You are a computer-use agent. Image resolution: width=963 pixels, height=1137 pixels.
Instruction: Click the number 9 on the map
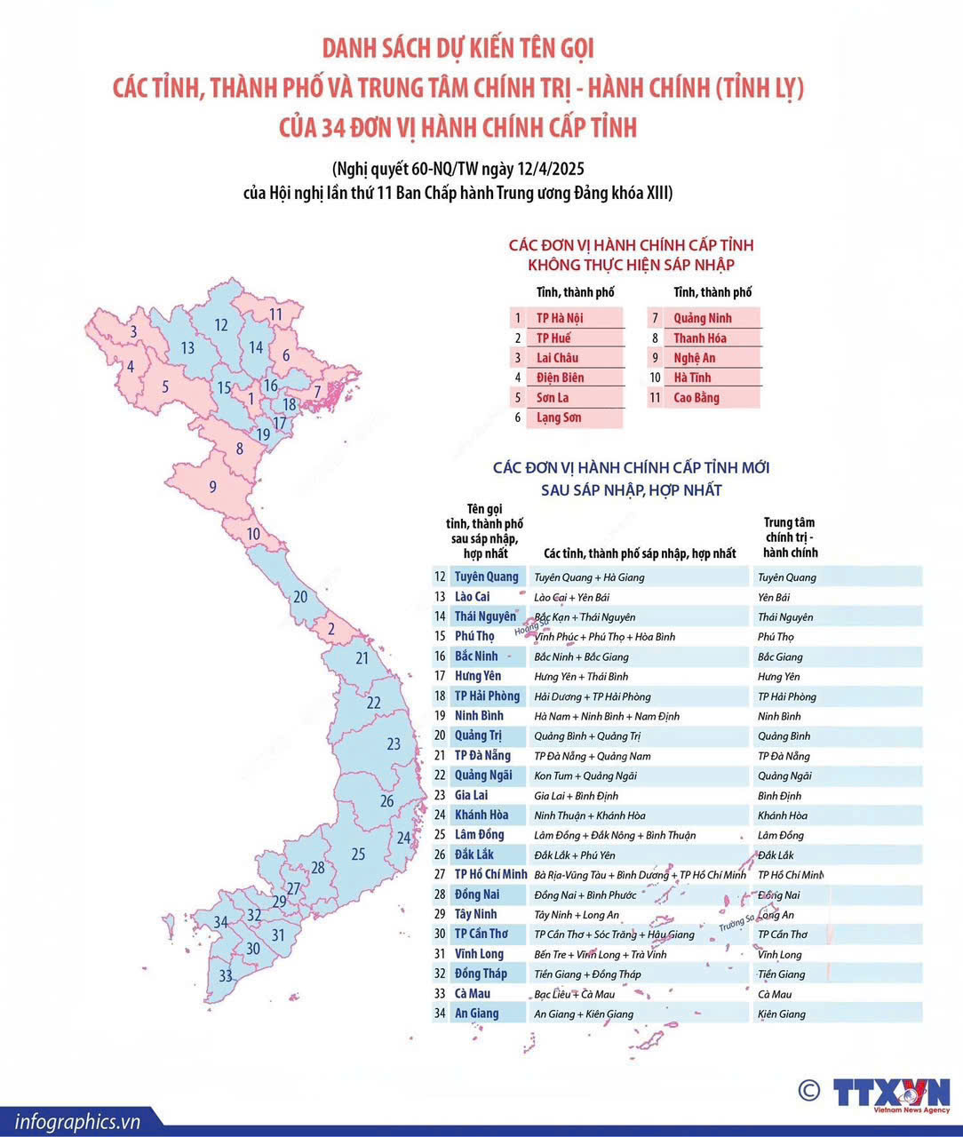point(212,487)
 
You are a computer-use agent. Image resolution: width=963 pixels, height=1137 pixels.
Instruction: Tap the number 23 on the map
point(394,743)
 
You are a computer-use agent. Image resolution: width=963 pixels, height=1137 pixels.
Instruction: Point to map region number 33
point(226,975)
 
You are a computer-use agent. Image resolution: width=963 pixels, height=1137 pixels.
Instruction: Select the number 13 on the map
point(187,348)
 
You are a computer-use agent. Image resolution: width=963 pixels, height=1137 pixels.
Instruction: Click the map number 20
point(300,597)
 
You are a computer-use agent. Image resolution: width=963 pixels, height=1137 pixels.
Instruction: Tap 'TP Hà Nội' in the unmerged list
point(560,318)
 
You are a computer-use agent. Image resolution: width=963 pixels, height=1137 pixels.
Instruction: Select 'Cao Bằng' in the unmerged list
point(696,398)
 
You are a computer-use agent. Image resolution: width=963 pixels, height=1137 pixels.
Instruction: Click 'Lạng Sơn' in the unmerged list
point(559,417)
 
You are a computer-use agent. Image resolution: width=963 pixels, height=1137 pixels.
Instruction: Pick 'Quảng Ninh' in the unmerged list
point(703,318)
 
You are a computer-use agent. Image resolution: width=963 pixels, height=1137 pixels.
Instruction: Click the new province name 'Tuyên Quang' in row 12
point(487,576)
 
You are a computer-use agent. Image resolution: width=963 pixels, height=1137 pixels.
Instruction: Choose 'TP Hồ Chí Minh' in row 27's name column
point(491,875)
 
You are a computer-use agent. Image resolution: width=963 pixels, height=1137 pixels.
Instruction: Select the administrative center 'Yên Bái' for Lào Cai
point(774,597)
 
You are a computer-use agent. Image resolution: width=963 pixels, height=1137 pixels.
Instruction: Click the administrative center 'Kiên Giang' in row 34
point(782,1014)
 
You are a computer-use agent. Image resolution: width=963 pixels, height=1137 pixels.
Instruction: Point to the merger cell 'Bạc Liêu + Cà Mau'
point(574,994)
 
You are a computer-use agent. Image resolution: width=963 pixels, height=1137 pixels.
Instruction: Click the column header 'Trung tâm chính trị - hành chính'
point(790,537)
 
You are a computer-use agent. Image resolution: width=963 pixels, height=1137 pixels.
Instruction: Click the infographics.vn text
point(77,1121)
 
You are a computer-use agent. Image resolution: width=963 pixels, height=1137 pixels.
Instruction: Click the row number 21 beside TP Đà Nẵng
point(440,756)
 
